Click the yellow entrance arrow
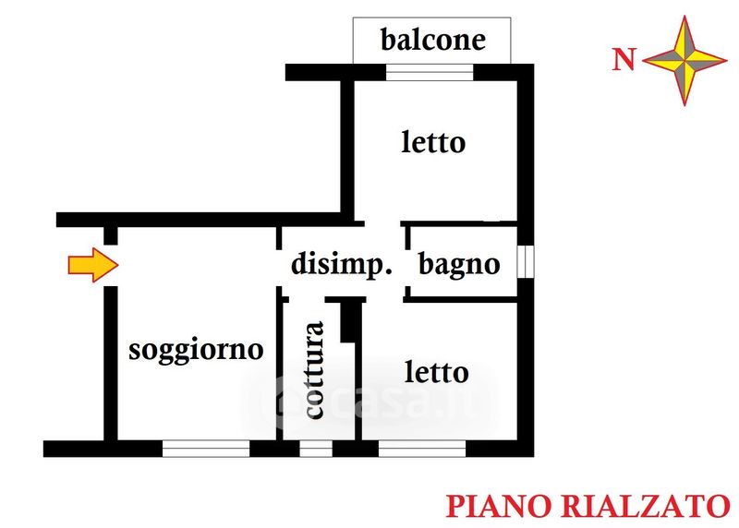click(93, 266)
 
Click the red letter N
click(625, 61)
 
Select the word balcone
click(432, 40)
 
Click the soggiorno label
click(196, 350)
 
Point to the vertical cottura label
click(314, 370)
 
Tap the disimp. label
click(342, 265)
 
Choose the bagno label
click(459, 265)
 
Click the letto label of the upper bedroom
click(433, 143)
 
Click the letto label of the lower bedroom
click(436, 373)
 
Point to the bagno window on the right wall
click(526, 261)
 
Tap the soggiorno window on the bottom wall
click(206, 450)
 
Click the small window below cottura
click(316, 450)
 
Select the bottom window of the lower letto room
click(422, 450)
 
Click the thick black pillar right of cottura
click(350, 321)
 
